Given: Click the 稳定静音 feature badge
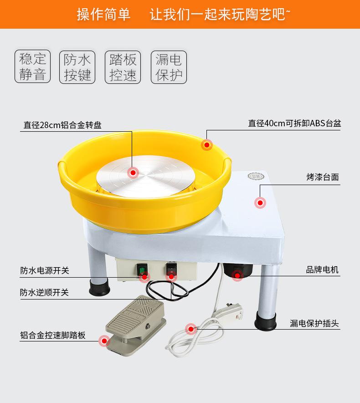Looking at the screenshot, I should pyautogui.click(x=33, y=67).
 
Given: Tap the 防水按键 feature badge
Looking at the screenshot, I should pyautogui.click(x=77, y=67).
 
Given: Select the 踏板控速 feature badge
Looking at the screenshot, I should pyautogui.click(x=123, y=67).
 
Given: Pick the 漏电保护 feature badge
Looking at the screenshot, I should pyautogui.click(x=169, y=67).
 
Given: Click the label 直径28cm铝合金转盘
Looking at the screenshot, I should pyautogui.click(x=63, y=125).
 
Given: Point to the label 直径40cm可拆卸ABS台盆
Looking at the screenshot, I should pyautogui.click(x=294, y=123).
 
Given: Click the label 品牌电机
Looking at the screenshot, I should pyautogui.click(x=322, y=270).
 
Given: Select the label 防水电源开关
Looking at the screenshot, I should pyautogui.click(x=45, y=270).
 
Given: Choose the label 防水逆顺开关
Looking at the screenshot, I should pyautogui.click(x=45, y=292).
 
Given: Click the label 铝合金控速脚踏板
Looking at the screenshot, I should pyautogui.click(x=53, y=335).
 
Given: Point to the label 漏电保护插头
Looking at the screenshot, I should pyautogui.click(x=314, y=324).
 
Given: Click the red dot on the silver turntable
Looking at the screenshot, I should pyautogui.click(x=133, y=172).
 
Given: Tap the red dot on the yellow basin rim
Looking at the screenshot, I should pyautogui.click(x=207, y=145).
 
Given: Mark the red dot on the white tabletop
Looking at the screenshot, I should pyautogui.click(x=260, y=203).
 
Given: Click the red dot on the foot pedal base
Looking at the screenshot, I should pyautogui.click(x=105, y=340).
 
